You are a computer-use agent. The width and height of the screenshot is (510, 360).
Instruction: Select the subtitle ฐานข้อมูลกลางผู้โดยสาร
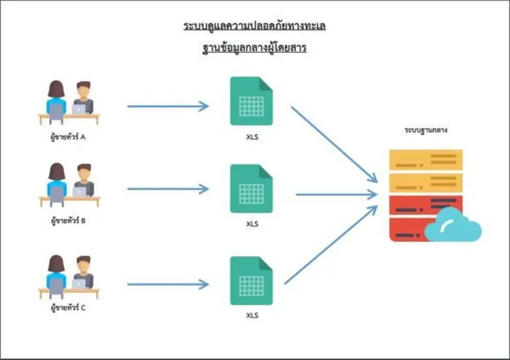click(254, 48)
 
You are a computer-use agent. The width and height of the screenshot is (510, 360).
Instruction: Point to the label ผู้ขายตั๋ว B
click(69, 220)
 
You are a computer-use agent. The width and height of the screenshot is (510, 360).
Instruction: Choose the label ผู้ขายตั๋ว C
click(69, 307)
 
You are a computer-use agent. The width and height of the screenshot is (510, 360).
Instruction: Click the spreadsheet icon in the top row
click(251, 101)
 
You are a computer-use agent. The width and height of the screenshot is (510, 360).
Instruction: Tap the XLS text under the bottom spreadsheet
click(252, 316)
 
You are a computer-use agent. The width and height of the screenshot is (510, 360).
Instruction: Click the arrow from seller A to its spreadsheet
click(167, 106)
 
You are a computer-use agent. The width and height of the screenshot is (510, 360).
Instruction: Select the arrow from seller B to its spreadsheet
click(167, 189)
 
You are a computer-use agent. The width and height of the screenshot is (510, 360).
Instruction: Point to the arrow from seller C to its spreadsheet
click(167, 284)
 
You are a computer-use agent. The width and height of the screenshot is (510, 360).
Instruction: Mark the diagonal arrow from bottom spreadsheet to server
click(331, 245)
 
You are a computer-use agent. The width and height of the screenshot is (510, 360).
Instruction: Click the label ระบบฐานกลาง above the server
click(426, 130)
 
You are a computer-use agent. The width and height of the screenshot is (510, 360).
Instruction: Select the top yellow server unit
click(426, 159)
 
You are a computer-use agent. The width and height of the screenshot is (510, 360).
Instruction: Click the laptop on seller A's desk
click(78, 109)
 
